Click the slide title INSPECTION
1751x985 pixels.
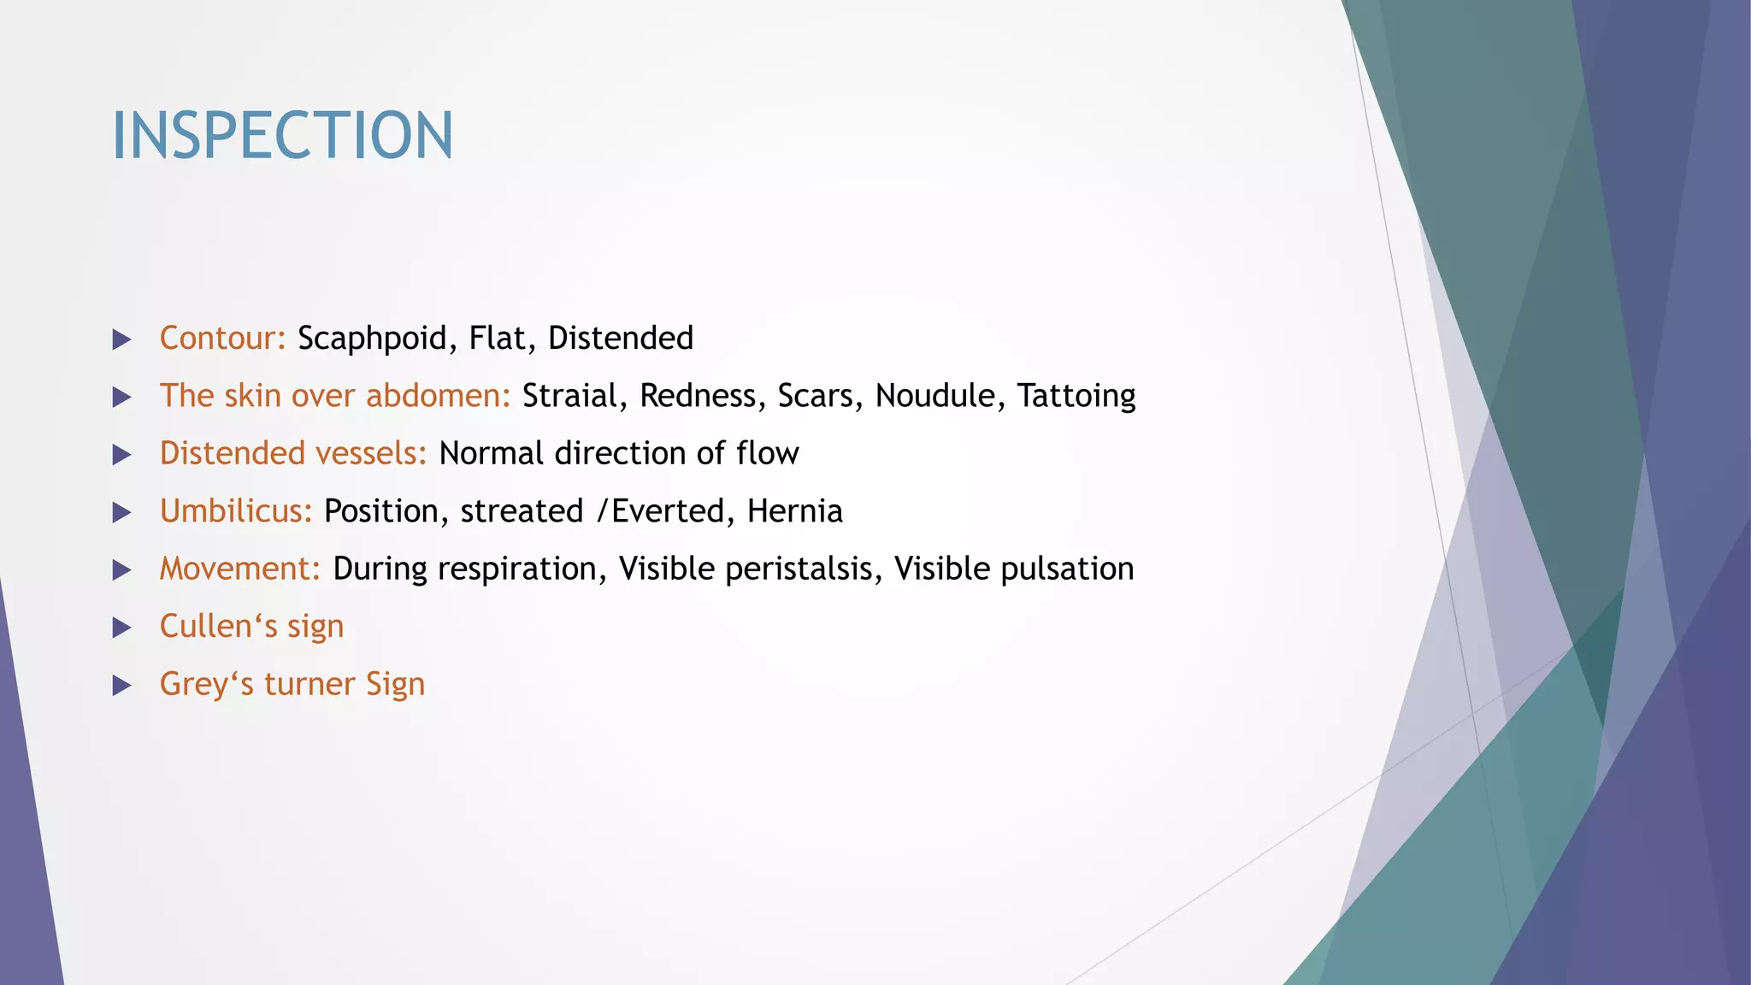282,136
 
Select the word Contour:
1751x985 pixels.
222,339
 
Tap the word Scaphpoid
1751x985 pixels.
372,339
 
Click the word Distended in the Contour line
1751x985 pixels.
620,339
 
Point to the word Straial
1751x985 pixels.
569,396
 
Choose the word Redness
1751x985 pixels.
698,396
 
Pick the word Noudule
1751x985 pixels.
935,396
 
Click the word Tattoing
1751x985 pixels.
1076,397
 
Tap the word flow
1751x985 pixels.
767,453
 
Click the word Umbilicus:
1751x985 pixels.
236,511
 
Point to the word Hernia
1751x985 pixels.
794,511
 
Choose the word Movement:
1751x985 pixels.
239,569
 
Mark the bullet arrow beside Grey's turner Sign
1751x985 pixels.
122,686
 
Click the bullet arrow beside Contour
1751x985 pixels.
122,340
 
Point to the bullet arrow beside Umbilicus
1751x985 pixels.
122,513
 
